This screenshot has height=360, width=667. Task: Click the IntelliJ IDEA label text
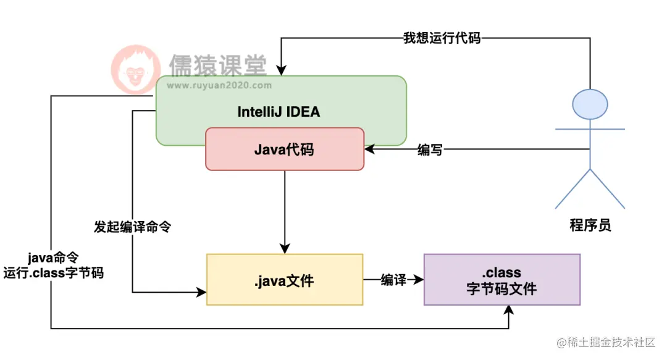[x=279, y=112]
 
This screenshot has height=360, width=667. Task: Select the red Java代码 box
[x=285, y=149]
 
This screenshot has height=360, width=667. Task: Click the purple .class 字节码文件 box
[x=501, y=280]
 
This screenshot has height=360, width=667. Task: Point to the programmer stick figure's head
[x=590, y=104]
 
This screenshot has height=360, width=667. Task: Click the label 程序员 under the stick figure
[x=590, y=225]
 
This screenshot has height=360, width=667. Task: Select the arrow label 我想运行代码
[x=442, y=38]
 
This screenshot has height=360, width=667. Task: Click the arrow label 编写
[x=430, y=149]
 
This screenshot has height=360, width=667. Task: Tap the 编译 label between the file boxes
[x=393, y=280]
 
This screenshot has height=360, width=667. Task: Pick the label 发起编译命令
[x=132, y=227]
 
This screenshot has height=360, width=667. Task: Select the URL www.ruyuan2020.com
[x=219, y=86]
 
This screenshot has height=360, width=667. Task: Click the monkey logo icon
[x=134, y=70]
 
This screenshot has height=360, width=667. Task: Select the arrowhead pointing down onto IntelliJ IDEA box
[x=281, y=70]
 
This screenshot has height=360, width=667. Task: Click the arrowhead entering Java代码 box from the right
[x=370, y=149]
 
